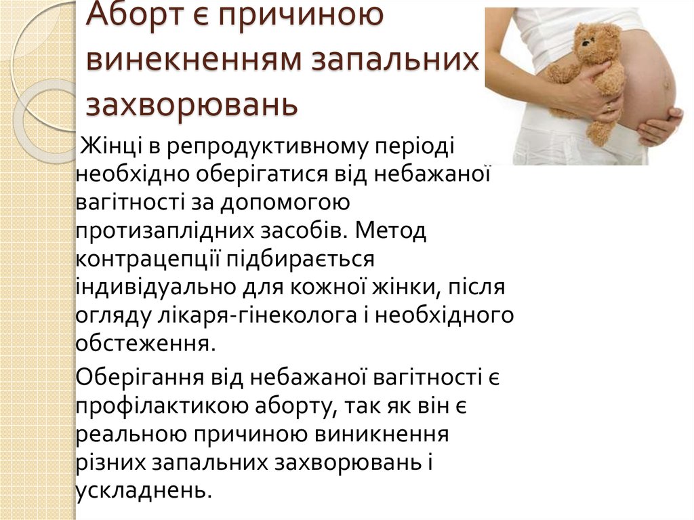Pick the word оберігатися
264,174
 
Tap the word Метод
394,232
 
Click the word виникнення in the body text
387,431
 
